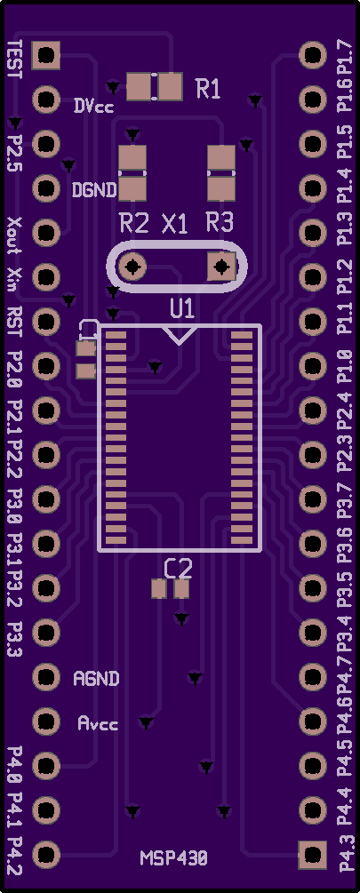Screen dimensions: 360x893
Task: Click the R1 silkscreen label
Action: pyautogui.click(x=208, y=89)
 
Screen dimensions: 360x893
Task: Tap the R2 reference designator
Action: pyautogui.click(x=134, y=223)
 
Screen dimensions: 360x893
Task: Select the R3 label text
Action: pyautogui.click(x=220, y=223)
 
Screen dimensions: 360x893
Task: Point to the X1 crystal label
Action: pyautogui.click(x=175, y=225)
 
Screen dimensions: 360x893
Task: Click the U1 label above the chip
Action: pyautogui.click(x=182, y=309)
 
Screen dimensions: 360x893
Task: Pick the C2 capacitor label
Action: pyautogui.click(x=179, y=568)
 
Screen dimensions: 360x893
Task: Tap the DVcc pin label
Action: pyautogui.click(x=93, y=107)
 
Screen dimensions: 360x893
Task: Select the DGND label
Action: pyautogui.click(x=94, y=189)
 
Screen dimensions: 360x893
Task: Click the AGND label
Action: pyautogui.click(x=96, y=678)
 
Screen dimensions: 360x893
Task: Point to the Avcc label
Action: pyautogui.click(x=98, y=723)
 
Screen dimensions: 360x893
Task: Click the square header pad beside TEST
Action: pyautogui.click(x=46, y=55)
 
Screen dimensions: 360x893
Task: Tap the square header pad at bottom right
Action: pyautogui.click(x=313, y=855)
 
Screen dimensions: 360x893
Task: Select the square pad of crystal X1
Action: pyautogui.click(x=221, y=267)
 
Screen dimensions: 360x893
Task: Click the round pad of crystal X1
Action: pyautogui.click(x=132, y=267)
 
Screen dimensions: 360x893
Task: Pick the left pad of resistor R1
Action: pyautogui.click(x=139, y=87)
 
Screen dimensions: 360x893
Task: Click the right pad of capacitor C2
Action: pyautogui.click(x=181, y=588)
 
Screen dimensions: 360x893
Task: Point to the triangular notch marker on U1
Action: pyautogui.click(x=180, y=335)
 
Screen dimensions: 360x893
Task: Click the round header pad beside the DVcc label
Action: pyautogui.click(x=46, y=100)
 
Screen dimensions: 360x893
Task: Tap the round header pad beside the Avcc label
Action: pyautogui.click(x=46, y=721)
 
